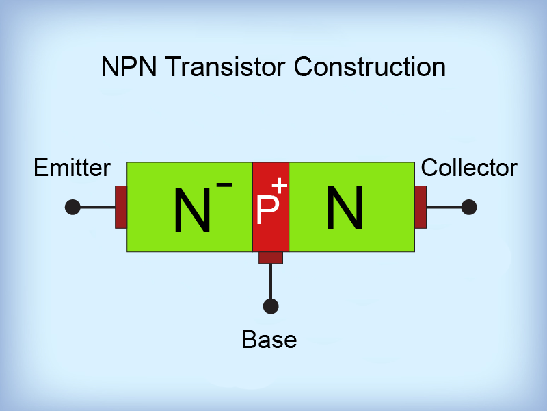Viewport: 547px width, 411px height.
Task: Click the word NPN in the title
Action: [x=129, y=67]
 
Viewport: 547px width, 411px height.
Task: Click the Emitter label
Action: [x=72, y=168]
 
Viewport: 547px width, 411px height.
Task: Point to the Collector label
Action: [x=469, y=168]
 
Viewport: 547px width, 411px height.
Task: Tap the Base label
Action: [x=269, y=339]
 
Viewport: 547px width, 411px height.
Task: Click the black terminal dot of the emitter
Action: [x=72, y=207]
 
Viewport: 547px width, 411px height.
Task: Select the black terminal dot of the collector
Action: [x=469, y=207]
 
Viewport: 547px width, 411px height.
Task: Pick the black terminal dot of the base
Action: [x=271, y=306]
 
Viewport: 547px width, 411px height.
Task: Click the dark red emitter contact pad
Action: [x=121, y=207]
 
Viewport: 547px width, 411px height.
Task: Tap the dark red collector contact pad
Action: [x=421, y=207]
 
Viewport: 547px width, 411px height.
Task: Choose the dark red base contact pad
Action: [x=271, y=258]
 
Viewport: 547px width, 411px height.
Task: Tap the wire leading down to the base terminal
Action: [x=271, y=281]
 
